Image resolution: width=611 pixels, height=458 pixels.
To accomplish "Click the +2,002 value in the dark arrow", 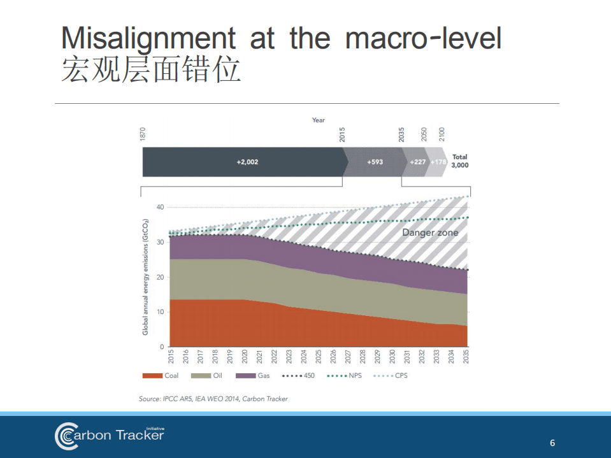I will tap(247, 162).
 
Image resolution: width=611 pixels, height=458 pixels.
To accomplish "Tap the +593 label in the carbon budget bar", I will tap(375, 162).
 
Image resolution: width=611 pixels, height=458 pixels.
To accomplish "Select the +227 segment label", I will tap(418, 162).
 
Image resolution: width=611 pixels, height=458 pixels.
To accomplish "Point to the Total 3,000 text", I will tap(459, 161).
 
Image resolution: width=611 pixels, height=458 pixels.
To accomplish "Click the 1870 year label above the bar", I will tap(143, 134).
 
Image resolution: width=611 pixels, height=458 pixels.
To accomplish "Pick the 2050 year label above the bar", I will tap(424, 134).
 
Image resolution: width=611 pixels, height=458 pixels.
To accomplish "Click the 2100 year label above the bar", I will tap(442, 134).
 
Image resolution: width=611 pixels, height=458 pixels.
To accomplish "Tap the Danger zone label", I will tap(430, 233).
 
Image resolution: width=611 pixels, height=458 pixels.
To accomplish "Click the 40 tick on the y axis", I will tap(159, 208).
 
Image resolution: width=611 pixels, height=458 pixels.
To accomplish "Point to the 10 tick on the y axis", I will tap(159, 312).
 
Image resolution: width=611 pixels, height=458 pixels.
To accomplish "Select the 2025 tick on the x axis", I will tap(319, 356).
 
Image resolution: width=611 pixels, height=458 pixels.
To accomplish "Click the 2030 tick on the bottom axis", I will tap(392, 356).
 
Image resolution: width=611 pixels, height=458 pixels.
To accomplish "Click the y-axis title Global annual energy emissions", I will tap(145, 278).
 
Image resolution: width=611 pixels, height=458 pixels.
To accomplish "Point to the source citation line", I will tap(213, 399).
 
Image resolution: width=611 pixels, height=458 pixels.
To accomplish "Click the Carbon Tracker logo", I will tap(109, 435).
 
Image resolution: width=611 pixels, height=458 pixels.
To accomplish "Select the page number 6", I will tap(552, 443).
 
